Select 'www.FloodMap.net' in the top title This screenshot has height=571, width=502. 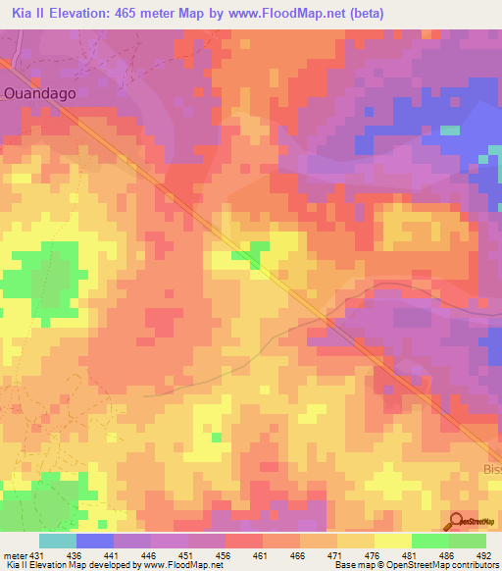pyautogui.click(x=294, y=14)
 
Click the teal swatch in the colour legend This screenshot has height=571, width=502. pyautogui.click(x=57, y=541)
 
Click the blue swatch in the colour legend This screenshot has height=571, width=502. pyautogui.click(x=94, y=541)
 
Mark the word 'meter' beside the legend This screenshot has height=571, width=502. pyautogui.click(x=14, y=555)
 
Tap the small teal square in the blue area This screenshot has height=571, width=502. pyautogui.click(x=449, y=130)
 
